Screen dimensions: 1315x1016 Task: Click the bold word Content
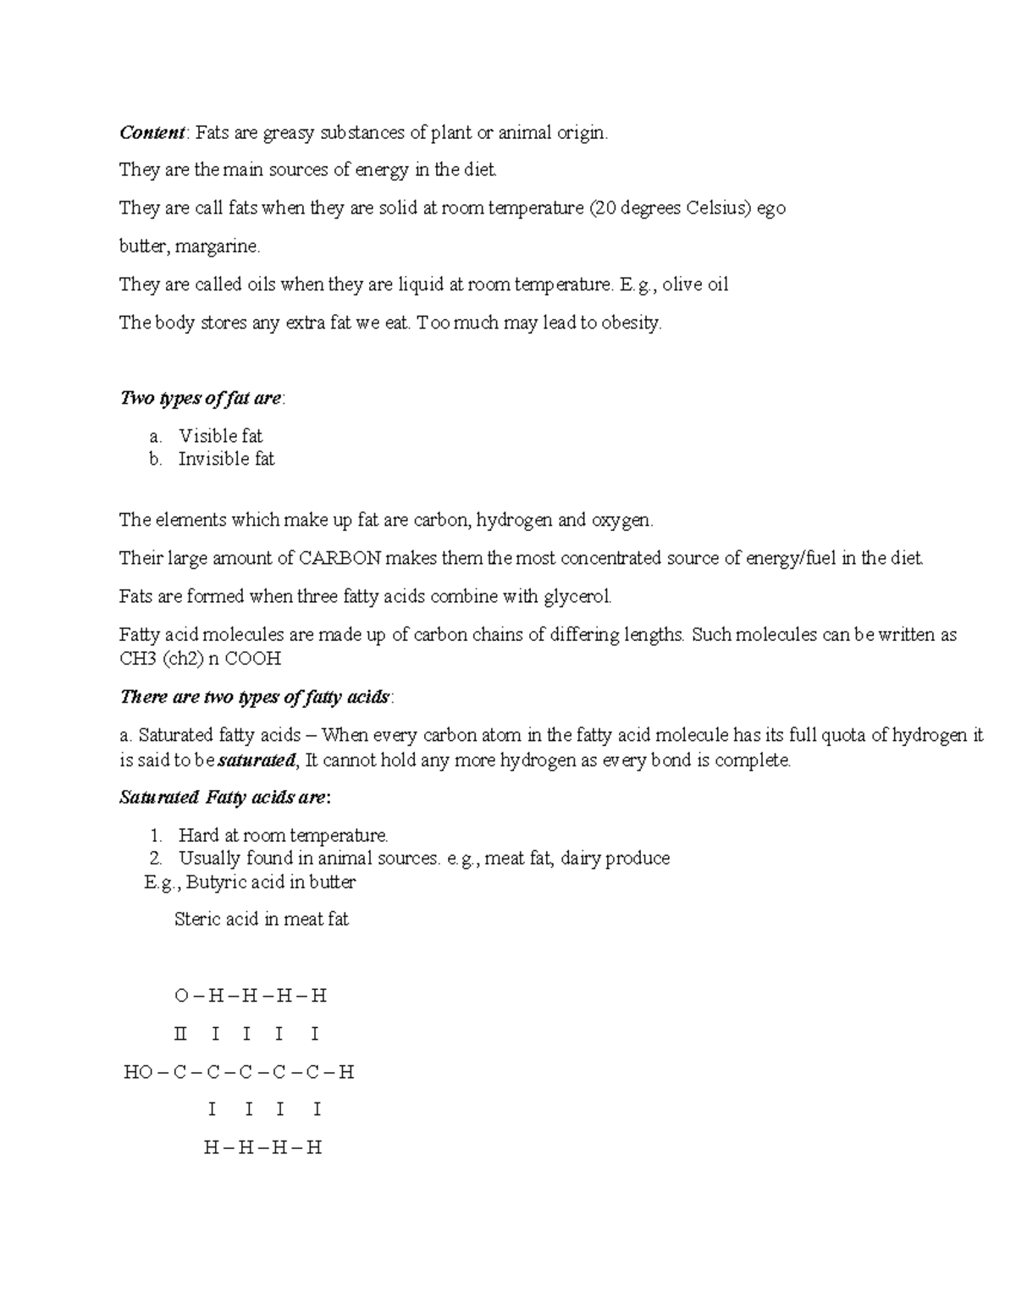(152, 133)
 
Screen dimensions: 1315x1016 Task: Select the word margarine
(224, 246)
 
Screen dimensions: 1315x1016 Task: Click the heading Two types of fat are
(202, 398)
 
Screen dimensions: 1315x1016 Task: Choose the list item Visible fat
(220, 436)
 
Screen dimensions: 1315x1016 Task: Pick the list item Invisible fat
(226, 459)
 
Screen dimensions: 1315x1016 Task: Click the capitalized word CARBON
(340, 558)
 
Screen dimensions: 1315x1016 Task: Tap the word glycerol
(577, 596)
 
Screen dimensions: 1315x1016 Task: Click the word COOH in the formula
(252, 658)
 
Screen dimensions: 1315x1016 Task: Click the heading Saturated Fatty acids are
(224, 798)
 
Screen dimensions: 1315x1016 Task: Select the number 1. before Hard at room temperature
(156, 836)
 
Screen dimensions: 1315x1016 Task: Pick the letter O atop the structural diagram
(181, 996)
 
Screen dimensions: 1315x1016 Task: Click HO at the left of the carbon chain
(138, 1072)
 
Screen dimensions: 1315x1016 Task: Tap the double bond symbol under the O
(179, 1034)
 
